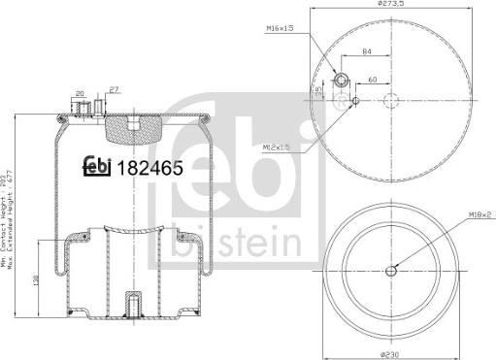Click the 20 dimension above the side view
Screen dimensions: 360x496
(x=80, y=95)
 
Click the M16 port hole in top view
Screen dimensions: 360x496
(x=342, y=81)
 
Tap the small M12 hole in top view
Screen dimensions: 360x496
(x=356, y=100)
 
